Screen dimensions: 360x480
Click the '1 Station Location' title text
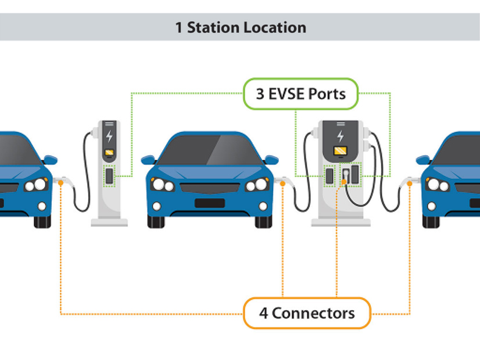click(x=240, y=27)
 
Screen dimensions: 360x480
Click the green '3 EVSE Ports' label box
click(x=300, y=93)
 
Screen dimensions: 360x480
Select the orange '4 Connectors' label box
click(x=306, y=313)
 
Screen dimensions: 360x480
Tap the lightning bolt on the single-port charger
click(x=109, y=137)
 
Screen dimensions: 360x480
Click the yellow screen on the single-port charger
click(x=109, y=153)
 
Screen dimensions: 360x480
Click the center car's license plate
click(x=209, y=203)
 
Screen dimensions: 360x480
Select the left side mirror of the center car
click(x=148, y=159)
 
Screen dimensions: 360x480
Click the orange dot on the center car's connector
click(x=283, y=183)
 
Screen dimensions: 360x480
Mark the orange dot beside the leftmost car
click(x=61, y=183)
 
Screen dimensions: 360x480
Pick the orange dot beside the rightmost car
click(x=410, y=183)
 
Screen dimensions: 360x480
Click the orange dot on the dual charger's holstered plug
click(x=344, y=182)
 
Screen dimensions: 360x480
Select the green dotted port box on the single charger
click(x=109, y=176)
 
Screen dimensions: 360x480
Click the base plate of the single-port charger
click(x=109, y=222)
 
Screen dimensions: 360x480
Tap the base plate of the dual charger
click(x=341, y=222)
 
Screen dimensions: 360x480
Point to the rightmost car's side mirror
click(x=423, y=159)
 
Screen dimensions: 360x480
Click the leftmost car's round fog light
click(x=41, y=206)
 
